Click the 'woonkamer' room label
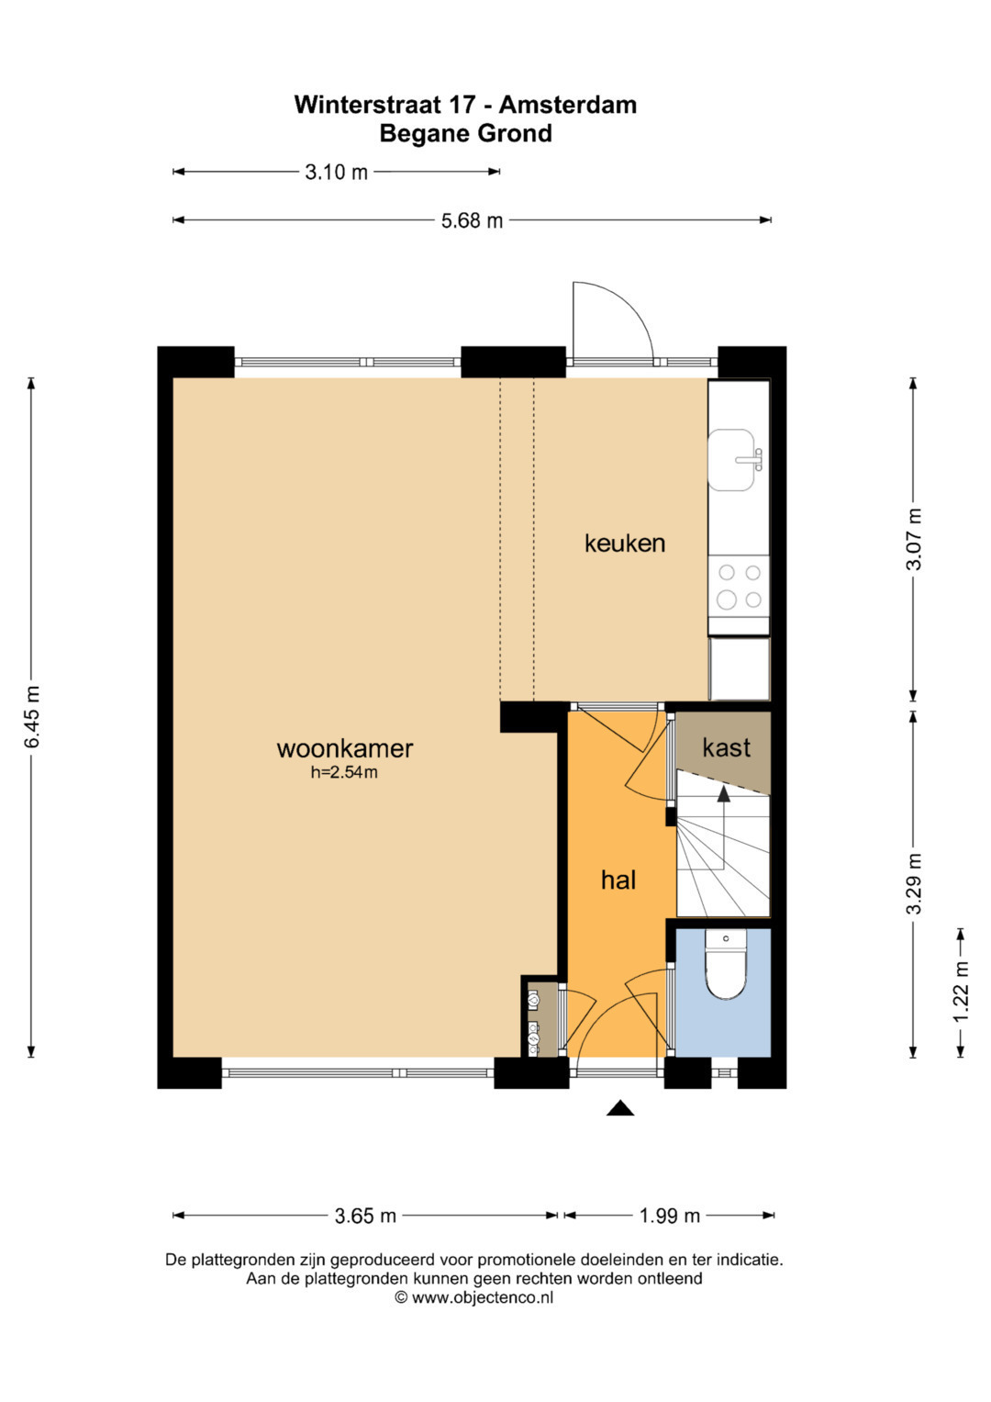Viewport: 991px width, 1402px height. [x=345, y=748]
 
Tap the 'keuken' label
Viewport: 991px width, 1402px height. [x=624, y=543]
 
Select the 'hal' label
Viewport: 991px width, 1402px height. [x=618, y=880]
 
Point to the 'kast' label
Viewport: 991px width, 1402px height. [x=726, y=747]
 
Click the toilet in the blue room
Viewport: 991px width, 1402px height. [x=726, y=963]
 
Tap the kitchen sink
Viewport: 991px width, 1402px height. [x=735, y=460]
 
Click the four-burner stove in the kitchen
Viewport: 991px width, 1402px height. [x=739, y=587]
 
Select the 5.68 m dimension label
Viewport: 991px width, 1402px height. [x=472, y=220]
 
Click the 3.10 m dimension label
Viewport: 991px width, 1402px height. [x=336, y=172]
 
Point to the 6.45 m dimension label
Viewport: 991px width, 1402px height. [x=31, y=716]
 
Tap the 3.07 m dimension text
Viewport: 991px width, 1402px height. [x=914, y=539]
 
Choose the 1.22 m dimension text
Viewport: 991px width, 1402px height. [x=961, y=992]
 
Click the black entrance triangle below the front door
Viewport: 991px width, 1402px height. [x=620, y=1109]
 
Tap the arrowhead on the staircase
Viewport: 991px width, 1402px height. [x=723, y=794]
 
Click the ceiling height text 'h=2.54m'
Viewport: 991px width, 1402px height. [x=344, y=772]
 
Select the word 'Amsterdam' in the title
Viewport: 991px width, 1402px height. [x=567, y=105]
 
